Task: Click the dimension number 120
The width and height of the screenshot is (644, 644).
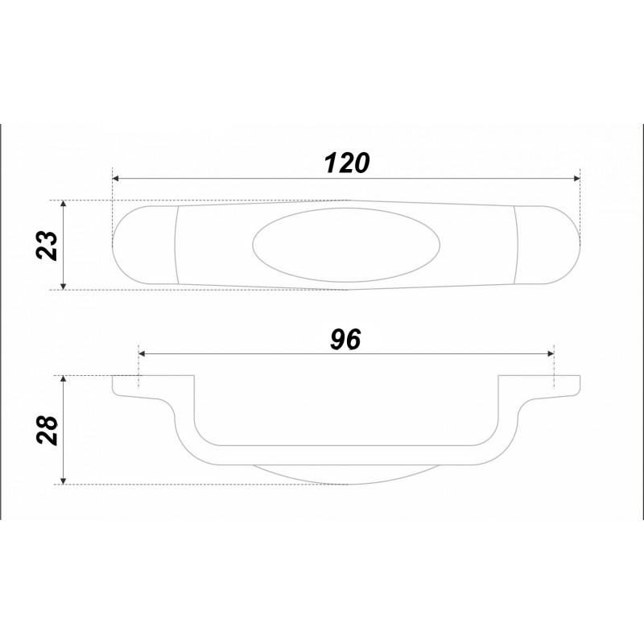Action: tap(347, 163)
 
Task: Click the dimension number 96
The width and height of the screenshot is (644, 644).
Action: tap(345, 340)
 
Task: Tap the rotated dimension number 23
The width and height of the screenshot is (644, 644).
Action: tap(47, 246)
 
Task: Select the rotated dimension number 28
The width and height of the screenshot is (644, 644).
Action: tap(47, 430)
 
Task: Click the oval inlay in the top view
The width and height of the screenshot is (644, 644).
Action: tap(346, 245)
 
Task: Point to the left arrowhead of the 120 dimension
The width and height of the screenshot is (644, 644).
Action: tap(115, 178)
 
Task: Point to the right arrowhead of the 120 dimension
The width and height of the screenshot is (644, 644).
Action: tap(576, 178)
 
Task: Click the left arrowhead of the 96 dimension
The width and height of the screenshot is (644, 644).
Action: tap(142, 353)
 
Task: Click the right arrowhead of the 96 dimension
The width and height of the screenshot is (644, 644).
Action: tap(551, 353)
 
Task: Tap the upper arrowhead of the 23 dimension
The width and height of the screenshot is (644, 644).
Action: tap(63, 204)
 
